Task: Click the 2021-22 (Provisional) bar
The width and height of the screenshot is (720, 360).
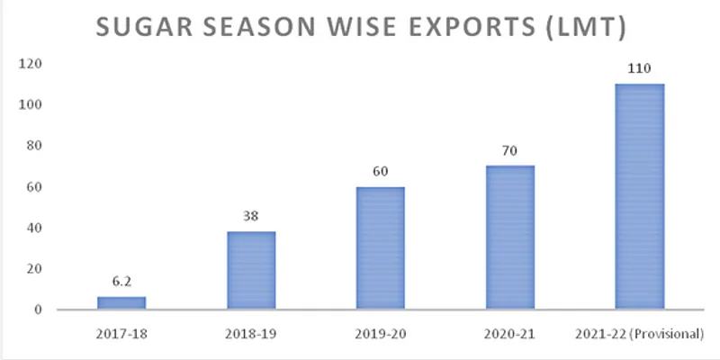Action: [x=640, y=197]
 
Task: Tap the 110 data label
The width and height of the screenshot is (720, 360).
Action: [x=639, y=68]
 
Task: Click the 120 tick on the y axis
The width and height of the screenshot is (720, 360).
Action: [x=33, y=64]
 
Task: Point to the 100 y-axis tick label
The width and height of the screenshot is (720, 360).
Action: [x=33, y=105]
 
